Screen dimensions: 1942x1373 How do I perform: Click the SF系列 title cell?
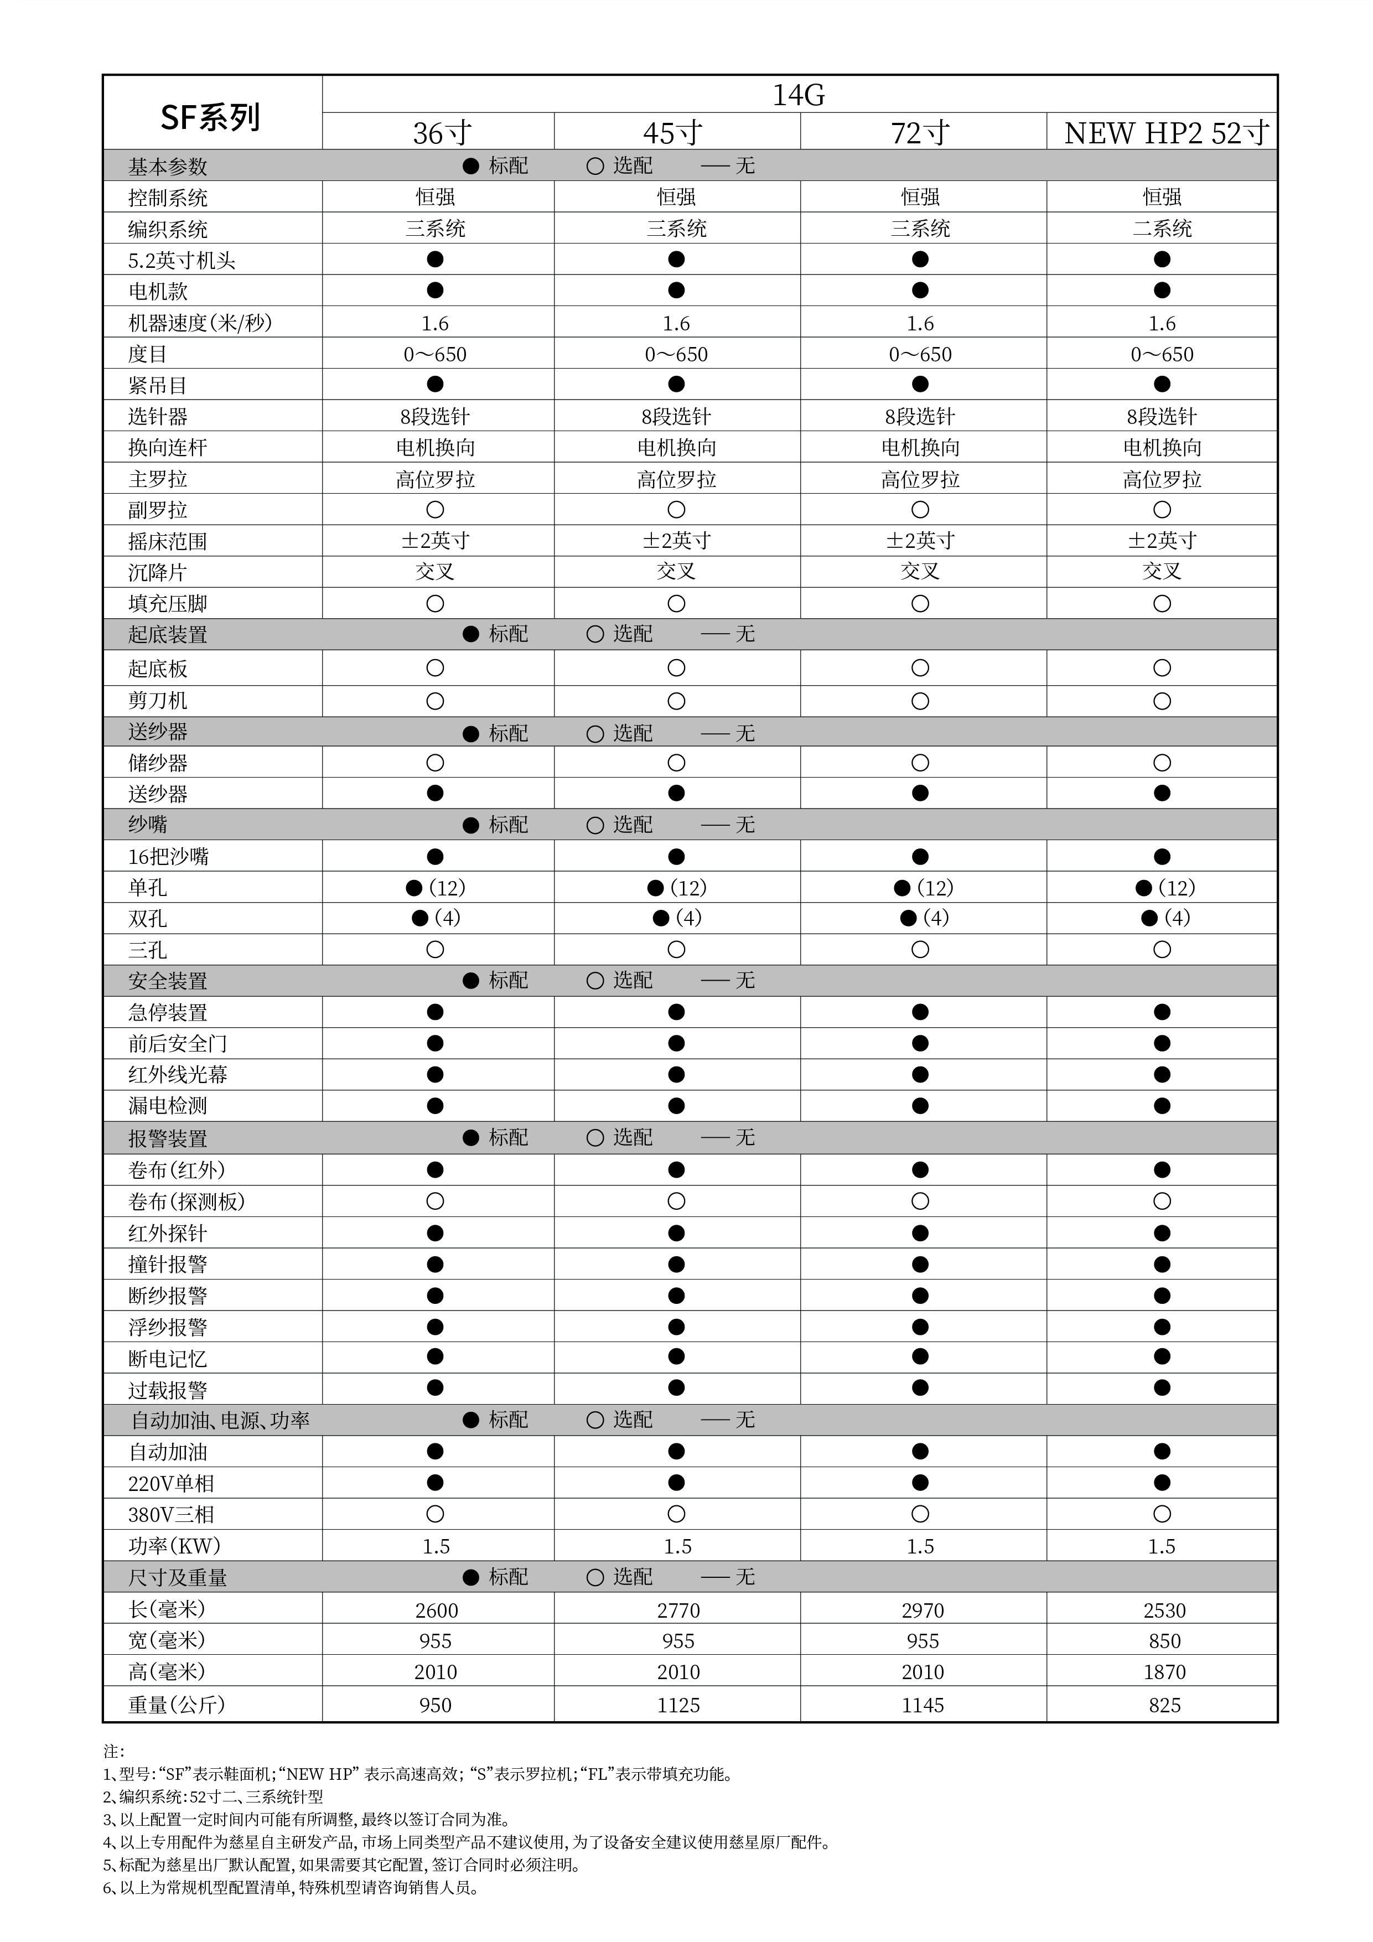[211, 117]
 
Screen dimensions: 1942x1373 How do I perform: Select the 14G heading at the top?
[798, 95]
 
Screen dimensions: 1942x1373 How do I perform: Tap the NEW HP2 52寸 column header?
[1165, 133]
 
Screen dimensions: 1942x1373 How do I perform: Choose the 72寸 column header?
[920, 133]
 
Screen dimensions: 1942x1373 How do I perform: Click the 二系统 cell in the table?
[1162, 229]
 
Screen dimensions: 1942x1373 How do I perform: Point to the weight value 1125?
[677, 1705]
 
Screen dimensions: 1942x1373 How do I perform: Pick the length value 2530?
[1164, 1610]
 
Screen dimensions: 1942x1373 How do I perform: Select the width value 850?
[1164, 1641]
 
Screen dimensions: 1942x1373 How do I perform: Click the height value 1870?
[1164, 1672]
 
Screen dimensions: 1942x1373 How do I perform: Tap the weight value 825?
[1164, 1705]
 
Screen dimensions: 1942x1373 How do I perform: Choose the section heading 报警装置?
[168, 1138]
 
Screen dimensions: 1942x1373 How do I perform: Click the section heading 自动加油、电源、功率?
[220, 1420]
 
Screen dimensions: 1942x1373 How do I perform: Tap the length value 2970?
[922, 1610]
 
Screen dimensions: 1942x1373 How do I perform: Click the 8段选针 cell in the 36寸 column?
[435, 416]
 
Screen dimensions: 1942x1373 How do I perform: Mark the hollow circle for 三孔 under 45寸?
[676, 950]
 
